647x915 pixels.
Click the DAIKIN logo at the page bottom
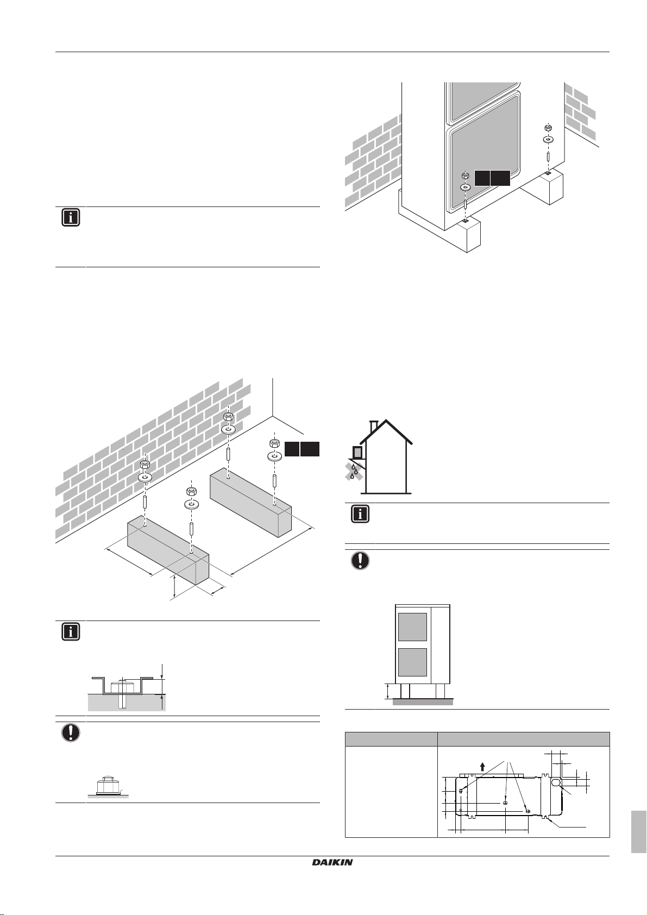pyautogui.click(x=332, y=862)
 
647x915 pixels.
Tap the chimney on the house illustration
pyautogui.click(x=374, y=427)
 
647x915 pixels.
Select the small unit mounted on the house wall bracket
pyautogui.click(x=357, y=452)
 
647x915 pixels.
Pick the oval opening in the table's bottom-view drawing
pyautogui.click(x=556, y=783)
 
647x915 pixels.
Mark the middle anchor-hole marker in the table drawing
pyautogui.click(x=505, y=803)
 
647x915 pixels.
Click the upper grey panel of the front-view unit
pyautogui.click(x=412, y=626)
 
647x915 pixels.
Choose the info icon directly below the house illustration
pyautogui.click(x=360, y=514)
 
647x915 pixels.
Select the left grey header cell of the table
pyautogui.click(x=391, y=739)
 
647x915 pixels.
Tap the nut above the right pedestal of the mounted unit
pyautogui.click(x=548, y=128)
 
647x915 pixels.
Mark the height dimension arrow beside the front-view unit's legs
pyautogui.click(x=387, y=692)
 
